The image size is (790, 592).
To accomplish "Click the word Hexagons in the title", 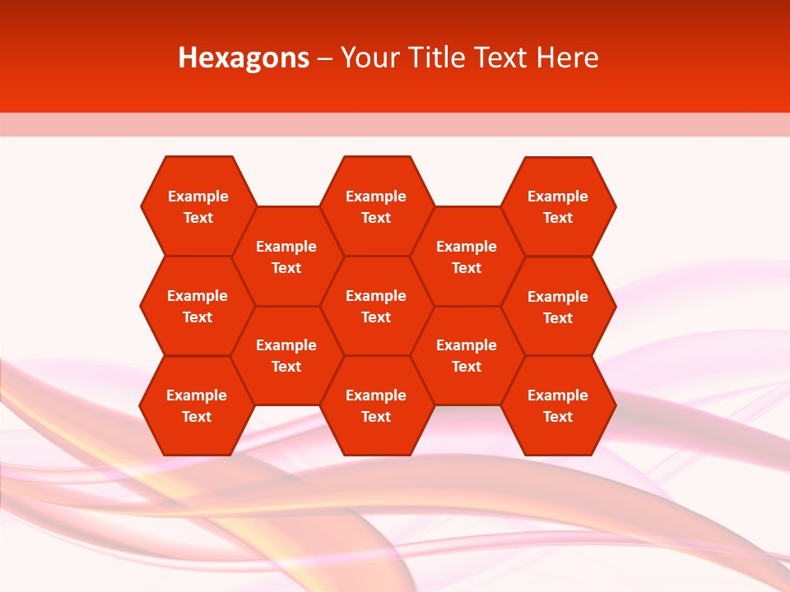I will pyautogui.click(x=244, y=58).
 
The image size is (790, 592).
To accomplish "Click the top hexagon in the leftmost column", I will pyautogui.click(x=198, y=206).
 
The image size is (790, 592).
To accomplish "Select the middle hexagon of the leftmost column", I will pyautogui.click(x=197, y=306).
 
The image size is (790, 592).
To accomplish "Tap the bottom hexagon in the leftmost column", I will pyautogui.click(x=197, y=405).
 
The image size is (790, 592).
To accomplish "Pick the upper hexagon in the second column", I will pyautogui.click(x=286, y=257).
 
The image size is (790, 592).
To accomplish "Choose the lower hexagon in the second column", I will pyautogui.click(x=286, y=355).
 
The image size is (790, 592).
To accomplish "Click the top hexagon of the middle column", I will pyautogui.click(x=376, y=206).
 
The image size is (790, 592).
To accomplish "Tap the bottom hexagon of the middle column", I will pyautogui.click(x=376, y=405).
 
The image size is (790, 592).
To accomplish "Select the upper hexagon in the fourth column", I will pyautogui.click(x=467, y=257).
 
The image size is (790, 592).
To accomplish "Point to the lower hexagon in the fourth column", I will pyautogui.click(x=467, y=355).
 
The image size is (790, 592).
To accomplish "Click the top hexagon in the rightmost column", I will pyautogui.click(x=558, y=206).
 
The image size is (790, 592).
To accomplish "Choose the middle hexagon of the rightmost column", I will pyautogui.click(x=558, y=307).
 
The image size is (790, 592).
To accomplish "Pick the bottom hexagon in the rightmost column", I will pyautogui.click(x=558, y=405).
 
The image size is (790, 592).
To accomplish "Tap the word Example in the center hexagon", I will pyautogui.click(x=376, y=296).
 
